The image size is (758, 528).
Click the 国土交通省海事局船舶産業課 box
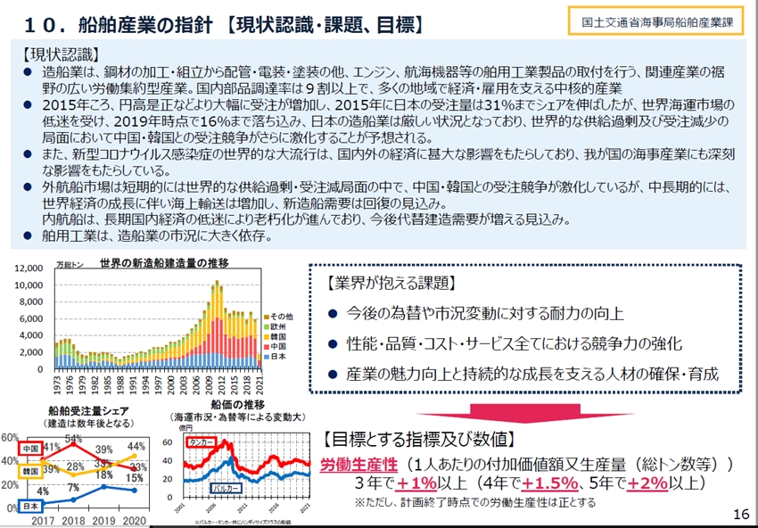[655, 22]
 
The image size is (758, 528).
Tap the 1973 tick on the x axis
[57, 385]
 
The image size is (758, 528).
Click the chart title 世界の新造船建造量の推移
[163, 263]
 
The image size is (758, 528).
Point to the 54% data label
[73, 438]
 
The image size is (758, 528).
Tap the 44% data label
[136, 446]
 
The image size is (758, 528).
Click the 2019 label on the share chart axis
[106, 521]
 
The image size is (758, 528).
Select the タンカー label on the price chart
[203, 442]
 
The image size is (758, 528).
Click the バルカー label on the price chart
[223, 488]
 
